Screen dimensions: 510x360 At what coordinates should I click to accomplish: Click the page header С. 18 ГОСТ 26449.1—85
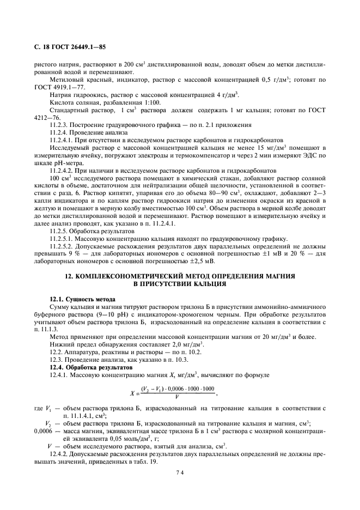[x=66, y=47]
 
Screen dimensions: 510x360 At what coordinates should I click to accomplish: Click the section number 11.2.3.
[x=58, y=124]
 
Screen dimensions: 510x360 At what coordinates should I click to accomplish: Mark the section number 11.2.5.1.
[x=62, y=238]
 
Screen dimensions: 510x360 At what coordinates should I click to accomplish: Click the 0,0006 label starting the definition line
[x=44, y=430]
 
